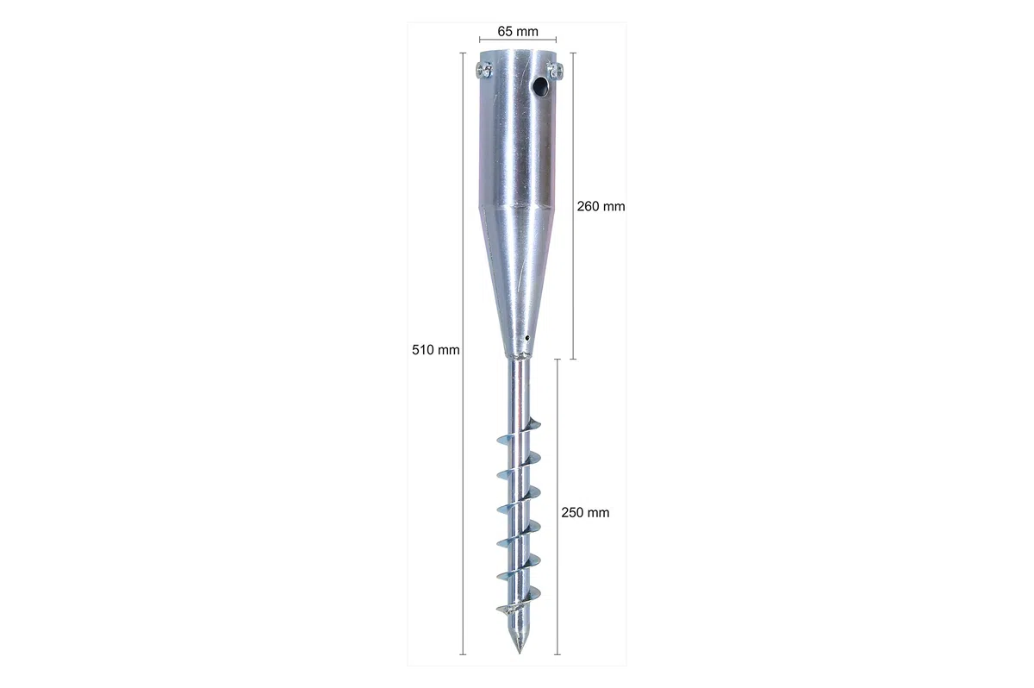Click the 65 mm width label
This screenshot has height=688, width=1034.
pyautogui.click(x=518, y=31)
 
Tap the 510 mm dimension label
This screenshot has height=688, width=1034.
pyautogui.click(x=436, y=350)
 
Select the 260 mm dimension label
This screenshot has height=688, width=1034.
pyautogui.click(x=601, y=206)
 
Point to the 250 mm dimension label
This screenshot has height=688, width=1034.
pyautogui.click(x=585, y=512)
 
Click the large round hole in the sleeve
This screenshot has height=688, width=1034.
pyautogui.click(x=540, y=85)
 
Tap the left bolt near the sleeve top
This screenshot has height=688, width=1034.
pyautogui.click(x=483, y=71)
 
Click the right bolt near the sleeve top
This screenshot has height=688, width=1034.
pyautogui.click(x=555, y=70)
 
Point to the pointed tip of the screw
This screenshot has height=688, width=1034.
pyautogui.click(x=520, y=653)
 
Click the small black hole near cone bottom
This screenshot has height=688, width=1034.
pyautogui.click(x=527, y=338)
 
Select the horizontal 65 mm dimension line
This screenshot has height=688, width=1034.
pyautogui.click(x=518, y=40)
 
